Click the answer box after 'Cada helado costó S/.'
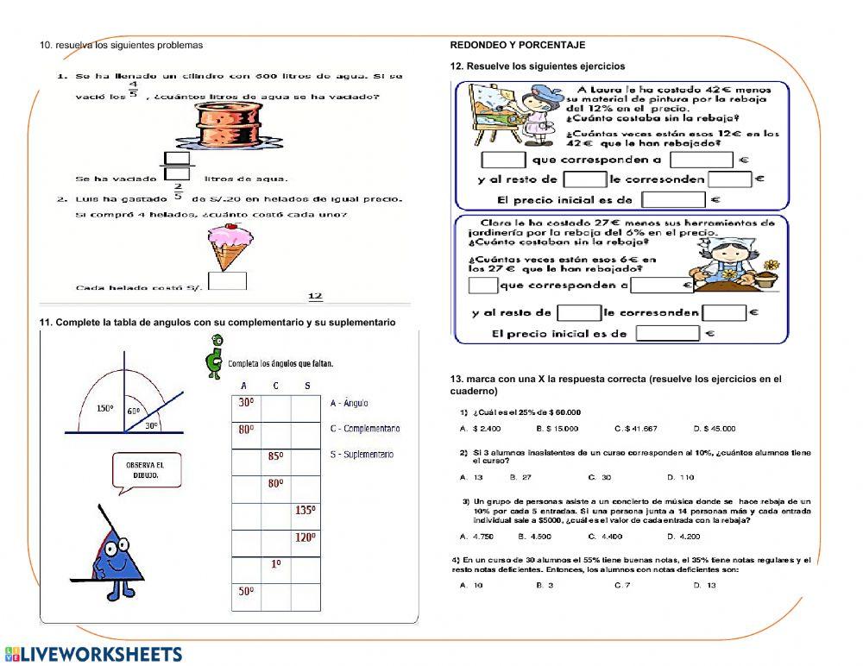(x=228, y=282)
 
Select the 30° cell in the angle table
(x=246, y=403)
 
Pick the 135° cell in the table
(x=305, y=511)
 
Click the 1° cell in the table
(x=275, y=564)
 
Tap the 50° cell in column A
(x=246, y=592)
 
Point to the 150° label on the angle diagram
(x=105, y=408)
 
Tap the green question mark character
(x=215, y=356)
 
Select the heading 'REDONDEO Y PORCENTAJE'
(x=518, y=45)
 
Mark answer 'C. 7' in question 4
(x=622, y=585)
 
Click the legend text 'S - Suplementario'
(x=362, y=455)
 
